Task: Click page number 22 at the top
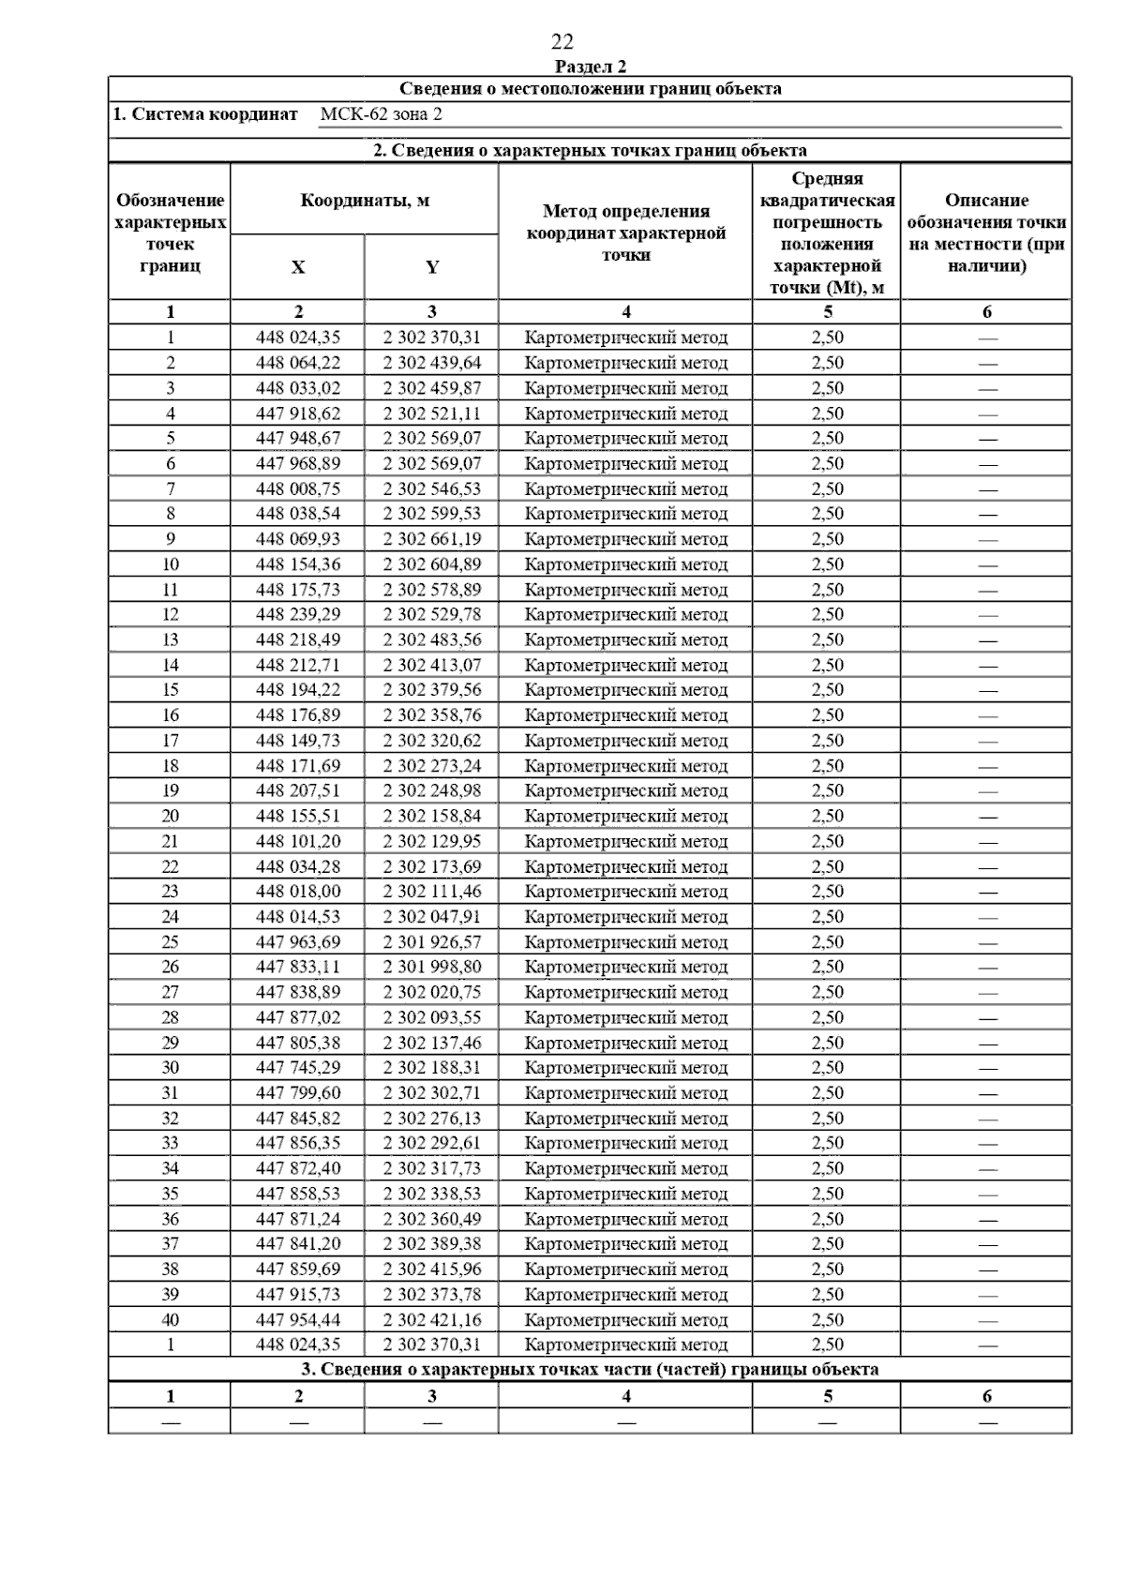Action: pyautogui.click(x=562, y=42)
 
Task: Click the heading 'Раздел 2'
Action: pyautogui.click(x=591, y=67)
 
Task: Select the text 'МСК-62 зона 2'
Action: pyautogui.click(x=381, y=114)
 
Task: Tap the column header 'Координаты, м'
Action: pyautogui.click(x=365, y=201)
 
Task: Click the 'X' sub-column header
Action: pyautogui.click(x=298, y=267)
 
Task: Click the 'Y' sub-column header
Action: pyautogui.click(x=431, y=267)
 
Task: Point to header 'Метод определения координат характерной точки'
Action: pyautogui.click(x=625, y=233)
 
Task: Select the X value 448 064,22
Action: pyautogui.click(x=298, y=363)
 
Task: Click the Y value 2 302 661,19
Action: pyautogui.click(x=431, y=539)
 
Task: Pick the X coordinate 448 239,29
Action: pyautogui.click(x=298, y=614)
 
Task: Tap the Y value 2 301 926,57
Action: pyautogui.click(x=431, y=942)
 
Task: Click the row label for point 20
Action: pyautogui.click(x=170, y=816)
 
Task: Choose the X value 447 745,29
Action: pyautogui.click(x=298, y=1068)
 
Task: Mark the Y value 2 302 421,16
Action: pyautogui.click(x=431, y=1319)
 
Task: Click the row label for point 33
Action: pyautogui.click(x=170, y=1143)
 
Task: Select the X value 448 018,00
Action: pyautogui.click(x=298, y=892)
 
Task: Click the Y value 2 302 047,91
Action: pyautogui.click(x=431, y=917)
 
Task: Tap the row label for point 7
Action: pyautogui.click(x=170, y=488)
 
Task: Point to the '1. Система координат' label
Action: pyautogui.click(x=205, y=114)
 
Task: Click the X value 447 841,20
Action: pyautogui.click(x=298, y=1244)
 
